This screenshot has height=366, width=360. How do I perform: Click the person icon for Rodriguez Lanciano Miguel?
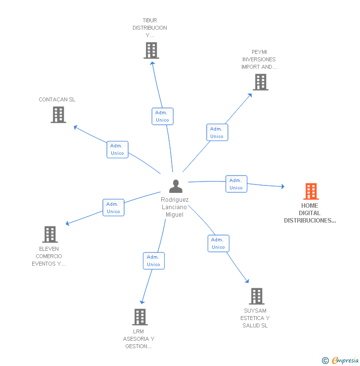click(x=176, y=186)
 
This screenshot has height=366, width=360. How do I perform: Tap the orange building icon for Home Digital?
click(x=311, y=191)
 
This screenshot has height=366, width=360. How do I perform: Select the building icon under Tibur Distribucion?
click(x=151, y=50)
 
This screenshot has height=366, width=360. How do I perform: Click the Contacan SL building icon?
click(x=58, y=115)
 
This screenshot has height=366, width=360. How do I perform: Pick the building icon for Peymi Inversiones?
click(x=261, y=82)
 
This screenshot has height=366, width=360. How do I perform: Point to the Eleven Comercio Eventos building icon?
click(x=50, y=234)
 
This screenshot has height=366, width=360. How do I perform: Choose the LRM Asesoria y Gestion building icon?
click(x=140, y=317)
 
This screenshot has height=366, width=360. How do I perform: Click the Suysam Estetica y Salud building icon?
click(x=256, y=296)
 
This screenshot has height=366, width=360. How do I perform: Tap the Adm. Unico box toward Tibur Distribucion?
click(x=162, y=116)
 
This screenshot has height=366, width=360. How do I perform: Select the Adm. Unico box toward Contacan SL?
click(x=118, y=149)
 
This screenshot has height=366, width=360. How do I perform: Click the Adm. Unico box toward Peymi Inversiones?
click(x=217, y=133)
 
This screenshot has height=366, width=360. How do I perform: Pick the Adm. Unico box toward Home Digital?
click(x=236, y=184)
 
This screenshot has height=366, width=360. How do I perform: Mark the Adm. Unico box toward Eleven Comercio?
click(x=113, y=208)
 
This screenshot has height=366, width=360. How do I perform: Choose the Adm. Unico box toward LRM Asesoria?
click(x=153, y=261)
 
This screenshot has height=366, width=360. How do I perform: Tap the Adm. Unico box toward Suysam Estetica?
click(x=218, y=243)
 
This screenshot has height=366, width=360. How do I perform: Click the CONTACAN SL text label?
click(x=57, y=99)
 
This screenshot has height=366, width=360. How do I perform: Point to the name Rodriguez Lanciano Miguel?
click(x=175, y=207)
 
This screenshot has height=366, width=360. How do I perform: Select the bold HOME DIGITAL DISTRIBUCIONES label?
click(x=310, y=213)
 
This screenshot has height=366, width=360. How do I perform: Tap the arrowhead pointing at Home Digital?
click(x=282, y=186)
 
